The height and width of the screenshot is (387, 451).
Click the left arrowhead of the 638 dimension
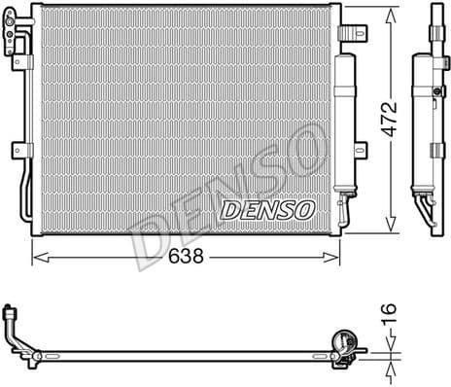coord(37,258)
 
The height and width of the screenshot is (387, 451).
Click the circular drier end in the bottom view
coord(342,341)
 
